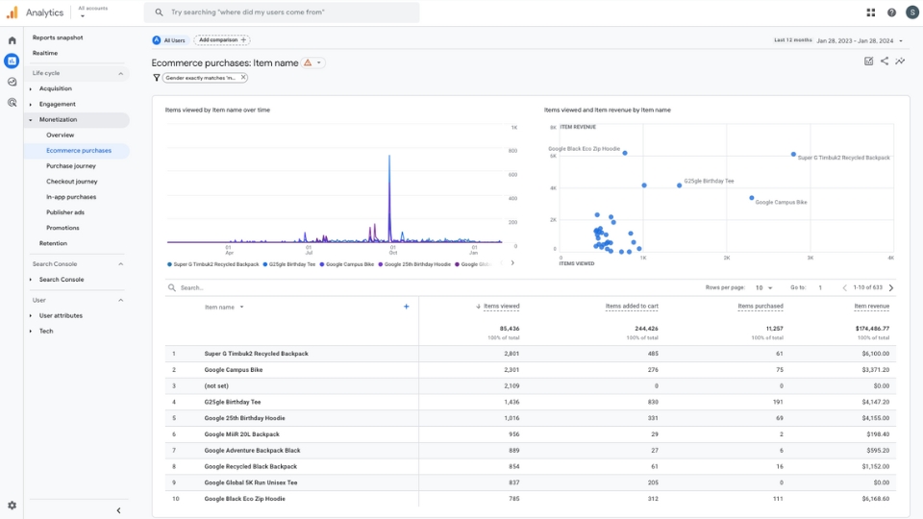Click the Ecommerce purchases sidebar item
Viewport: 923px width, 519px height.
coord(79,151)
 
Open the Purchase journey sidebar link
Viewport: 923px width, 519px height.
coord(71,166)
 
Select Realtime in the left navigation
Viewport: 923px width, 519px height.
coord(45,53)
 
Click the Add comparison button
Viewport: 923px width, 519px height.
coord(221,40)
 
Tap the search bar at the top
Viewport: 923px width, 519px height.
coord(282,12)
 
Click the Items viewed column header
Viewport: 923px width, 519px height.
coord(501,306)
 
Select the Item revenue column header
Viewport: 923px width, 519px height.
coord(871,306)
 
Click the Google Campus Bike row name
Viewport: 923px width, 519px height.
coord(234,370)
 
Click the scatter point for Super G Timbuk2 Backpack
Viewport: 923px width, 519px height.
coord(793,154)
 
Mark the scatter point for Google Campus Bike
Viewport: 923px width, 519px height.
coord(752,198)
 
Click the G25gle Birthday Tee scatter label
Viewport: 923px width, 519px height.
coord(709,181)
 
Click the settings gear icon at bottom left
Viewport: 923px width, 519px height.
coord(12,506)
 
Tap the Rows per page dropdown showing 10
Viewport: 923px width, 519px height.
coord(763,287)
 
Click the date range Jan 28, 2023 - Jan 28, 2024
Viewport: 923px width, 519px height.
coord(854,40)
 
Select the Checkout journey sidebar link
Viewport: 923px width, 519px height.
coord(72,182)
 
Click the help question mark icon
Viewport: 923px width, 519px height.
coord(891,12)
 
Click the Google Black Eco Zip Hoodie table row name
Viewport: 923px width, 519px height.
coord(246,499)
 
